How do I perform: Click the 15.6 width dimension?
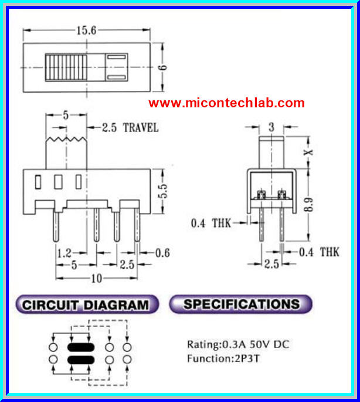tap(86, 31)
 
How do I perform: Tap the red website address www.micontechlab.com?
tap(226, 103)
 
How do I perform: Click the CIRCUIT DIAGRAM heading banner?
tap(86, 305)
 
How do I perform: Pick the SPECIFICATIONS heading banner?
tap(241, 304)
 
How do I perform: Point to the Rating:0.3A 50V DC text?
tap(238, 344)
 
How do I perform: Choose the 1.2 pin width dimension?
tap(64, 253)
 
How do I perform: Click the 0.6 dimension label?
tap(162, 253)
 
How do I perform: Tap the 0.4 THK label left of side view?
tap(210, 222)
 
